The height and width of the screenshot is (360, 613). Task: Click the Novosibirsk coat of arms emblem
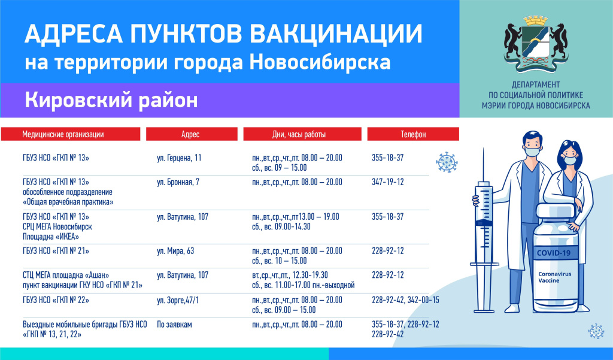click(x=536, y=44)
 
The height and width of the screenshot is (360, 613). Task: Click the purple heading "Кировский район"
click(x=111, y=100)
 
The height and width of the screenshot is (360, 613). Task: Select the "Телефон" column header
click(x=413, y=134)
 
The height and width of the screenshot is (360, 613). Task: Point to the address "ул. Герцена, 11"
click(x=179, y=158)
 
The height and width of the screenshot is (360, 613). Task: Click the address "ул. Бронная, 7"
click(x=178, y=182)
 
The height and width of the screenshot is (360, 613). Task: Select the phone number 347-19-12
click(x=388, y=182)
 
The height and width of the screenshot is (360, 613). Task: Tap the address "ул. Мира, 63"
click(x=175, y=251)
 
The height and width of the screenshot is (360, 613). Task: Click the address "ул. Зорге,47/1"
click(x=177, y=300)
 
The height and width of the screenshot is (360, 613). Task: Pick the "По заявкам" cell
click(x=174, y=325)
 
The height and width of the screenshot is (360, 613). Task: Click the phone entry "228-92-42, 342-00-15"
click(x=405, y=300)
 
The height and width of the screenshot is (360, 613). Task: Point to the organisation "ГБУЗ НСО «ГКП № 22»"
click(x=56, y=300)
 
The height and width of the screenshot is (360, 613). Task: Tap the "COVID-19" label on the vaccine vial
click(x=553, y=253)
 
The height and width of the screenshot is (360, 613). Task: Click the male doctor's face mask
click(x=532, y=152)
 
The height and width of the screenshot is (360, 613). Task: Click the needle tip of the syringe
click(x=483, y=149)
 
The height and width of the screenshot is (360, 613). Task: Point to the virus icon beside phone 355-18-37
click(x=447, y=162)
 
